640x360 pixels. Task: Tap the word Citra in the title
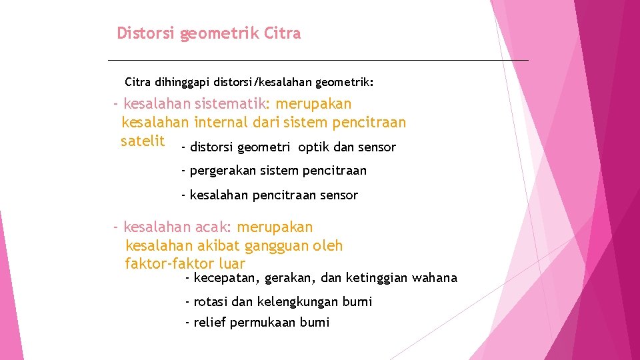coord(283,33)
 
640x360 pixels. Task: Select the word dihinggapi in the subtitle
coord(182,83)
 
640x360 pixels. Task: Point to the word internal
coord(219,123)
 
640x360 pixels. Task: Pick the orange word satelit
coord(142,141)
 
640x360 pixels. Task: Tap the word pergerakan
coord(221,171)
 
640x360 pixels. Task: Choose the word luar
coord(231,264)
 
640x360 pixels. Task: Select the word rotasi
coord(211,302)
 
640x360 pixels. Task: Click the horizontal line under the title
coord(317,61)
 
